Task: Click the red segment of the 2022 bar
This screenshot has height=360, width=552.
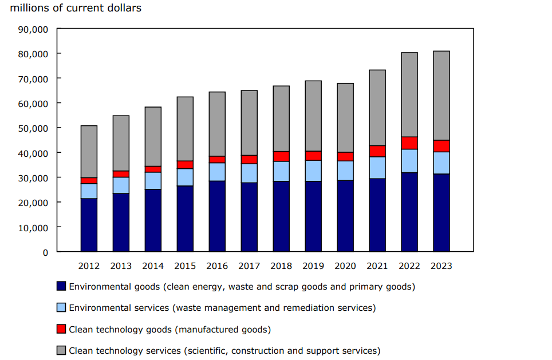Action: point(409,143)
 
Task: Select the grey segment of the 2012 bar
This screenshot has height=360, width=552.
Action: point(89,152)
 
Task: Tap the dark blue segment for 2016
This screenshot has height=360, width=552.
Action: point(217,216)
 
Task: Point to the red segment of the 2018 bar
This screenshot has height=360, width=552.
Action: point(281,156)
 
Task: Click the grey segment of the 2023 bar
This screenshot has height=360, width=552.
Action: point(441,96)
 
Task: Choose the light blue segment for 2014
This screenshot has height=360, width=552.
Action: point(153,181)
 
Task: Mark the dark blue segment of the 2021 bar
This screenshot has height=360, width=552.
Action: point(377,215)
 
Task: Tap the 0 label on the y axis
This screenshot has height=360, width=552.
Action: point(45,252)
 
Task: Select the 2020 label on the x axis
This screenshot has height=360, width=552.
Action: point(345,266)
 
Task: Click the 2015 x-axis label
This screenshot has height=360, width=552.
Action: point(185,266)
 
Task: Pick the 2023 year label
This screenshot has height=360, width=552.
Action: point(441,266)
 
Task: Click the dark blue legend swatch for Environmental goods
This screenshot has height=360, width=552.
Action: point(61,286)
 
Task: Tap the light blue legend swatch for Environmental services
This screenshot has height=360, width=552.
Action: point(61,308)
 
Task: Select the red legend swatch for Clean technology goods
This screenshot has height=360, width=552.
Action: point(61,330)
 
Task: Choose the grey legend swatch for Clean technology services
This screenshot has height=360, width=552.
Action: point(61,351)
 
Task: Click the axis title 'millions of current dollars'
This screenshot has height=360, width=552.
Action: point(76,9)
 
